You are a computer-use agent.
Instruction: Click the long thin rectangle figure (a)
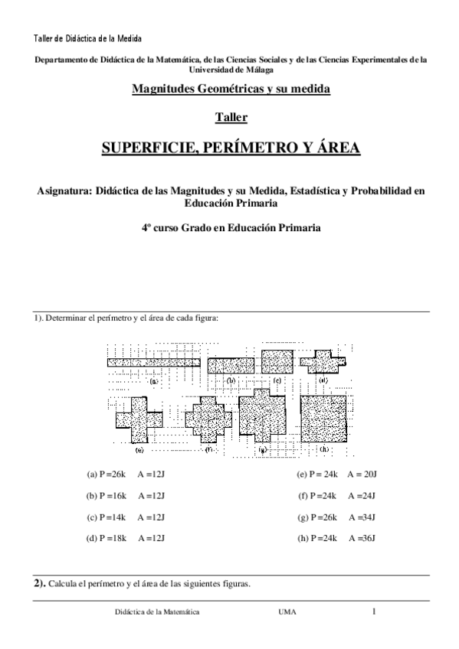click(x=153, y=362)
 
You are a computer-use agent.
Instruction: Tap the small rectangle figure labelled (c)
click(x=277, y=360)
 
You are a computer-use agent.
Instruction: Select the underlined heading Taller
click(x=231, y=117)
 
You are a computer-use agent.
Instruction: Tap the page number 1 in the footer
click(x=374, y=611)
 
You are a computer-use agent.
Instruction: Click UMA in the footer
click(x=288, y=612)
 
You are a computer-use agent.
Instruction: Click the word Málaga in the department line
click(x=258, y=69)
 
